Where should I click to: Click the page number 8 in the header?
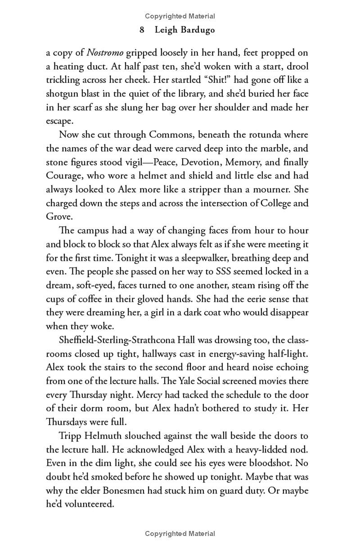(x=142, y=30)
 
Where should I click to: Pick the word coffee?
(x=87, y=299)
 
